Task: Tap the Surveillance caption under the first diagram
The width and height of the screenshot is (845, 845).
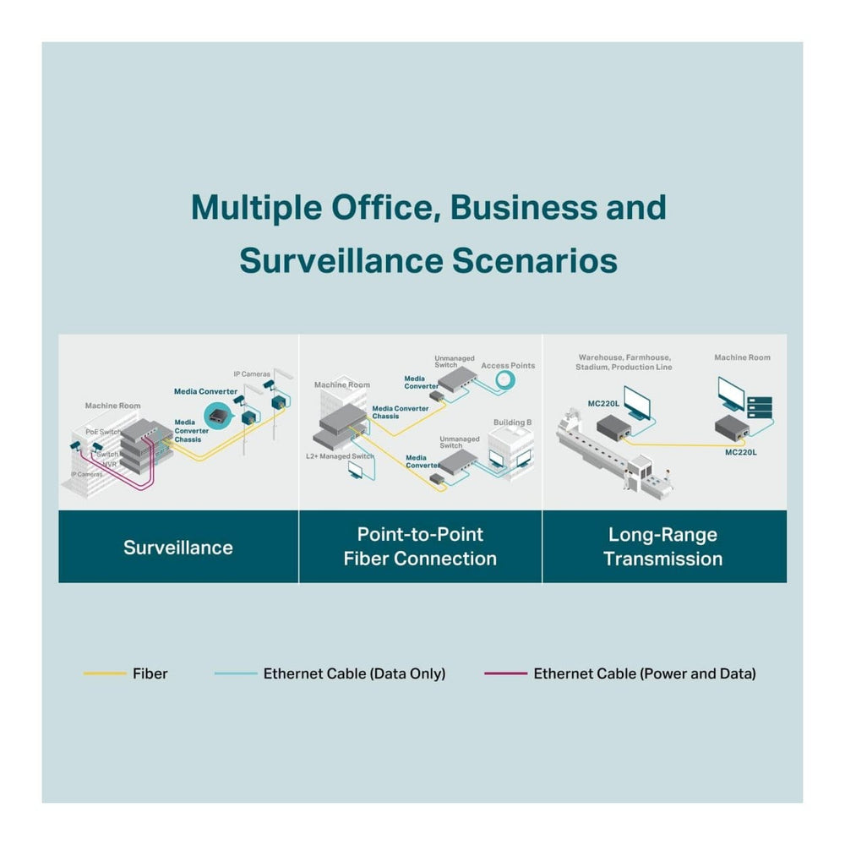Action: pos(177,547)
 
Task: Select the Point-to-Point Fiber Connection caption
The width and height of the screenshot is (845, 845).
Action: pos(420,546)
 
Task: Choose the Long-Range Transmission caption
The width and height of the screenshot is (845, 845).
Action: pos(662,546)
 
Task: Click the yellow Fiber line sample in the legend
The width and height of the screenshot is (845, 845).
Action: pos(104,673)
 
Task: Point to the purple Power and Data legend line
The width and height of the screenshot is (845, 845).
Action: pos(504,673)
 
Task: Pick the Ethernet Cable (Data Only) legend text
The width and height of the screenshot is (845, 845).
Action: pos(354,673)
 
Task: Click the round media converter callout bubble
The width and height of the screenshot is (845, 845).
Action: pos(221,414)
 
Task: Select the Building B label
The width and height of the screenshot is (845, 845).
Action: pos(512,422)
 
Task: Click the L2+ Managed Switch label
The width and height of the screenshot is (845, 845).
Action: pos(340,456)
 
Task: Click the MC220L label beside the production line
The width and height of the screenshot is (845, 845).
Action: pos(603,403)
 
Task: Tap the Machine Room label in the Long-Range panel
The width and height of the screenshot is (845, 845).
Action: pos(742,357)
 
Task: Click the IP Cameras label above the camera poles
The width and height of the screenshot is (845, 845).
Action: pos(252,373)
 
